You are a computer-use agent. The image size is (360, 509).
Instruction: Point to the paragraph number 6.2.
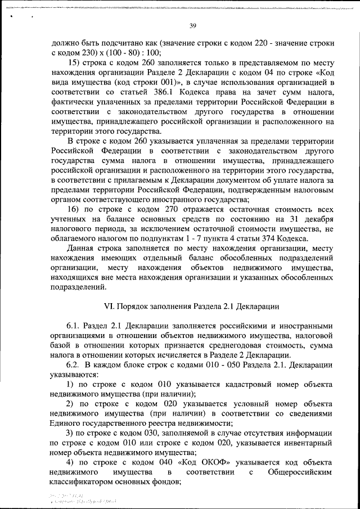pos(73,364)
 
